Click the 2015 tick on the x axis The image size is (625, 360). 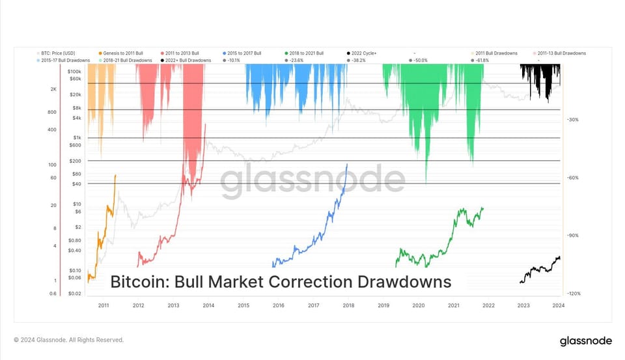pos(243,305)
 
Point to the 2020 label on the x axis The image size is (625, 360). pos(419,305)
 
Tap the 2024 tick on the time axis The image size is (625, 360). pos(558,305)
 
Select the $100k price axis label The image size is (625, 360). pos(74,72)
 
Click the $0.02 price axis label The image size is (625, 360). pos(74,294)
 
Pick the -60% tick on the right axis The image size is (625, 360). pos(573,178)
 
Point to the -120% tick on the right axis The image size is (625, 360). pos(573,294)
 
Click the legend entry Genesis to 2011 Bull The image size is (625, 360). pos(120,52)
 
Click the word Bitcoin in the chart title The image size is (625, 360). pos(134,282)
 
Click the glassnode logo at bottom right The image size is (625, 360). pos(585,340)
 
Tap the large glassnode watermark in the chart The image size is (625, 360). pos(312,181)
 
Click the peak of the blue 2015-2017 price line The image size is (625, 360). pos(347,164)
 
